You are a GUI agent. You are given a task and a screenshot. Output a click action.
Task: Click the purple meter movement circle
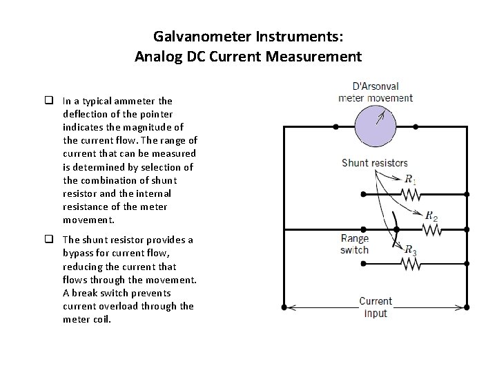pos(376,127)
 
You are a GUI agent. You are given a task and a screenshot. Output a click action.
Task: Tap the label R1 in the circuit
pos(411,180)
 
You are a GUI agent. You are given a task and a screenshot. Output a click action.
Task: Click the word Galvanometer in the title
pos(194,37)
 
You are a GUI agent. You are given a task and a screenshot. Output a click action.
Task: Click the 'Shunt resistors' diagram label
pos(375,163)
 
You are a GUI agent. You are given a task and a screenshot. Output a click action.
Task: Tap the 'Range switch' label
pos(355,245)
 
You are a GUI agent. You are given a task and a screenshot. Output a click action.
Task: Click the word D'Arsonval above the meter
pos(376,87)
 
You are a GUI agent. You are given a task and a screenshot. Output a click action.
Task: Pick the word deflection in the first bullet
pos(88,114)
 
